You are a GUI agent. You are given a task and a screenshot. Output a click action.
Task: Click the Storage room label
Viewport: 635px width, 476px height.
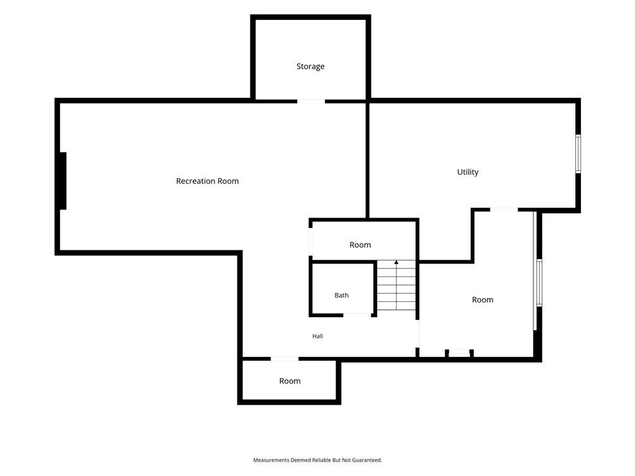pyautogui.click(x=310, y=66)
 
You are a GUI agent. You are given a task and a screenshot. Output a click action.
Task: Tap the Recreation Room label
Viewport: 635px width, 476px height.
pyautogui.click(x=207, y=181)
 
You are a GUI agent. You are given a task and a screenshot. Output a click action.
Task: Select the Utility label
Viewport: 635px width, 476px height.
pyautogui.click(x=468, y=172)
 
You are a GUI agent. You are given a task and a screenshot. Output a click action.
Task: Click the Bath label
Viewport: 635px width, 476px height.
pyautogui.click(x=342, y=296)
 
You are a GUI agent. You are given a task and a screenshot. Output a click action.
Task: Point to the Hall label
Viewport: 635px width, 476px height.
pyautogui.click(x=317, y=336)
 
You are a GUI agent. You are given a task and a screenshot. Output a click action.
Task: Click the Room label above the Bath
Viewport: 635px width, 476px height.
pyautogui.click(x=360, y=245)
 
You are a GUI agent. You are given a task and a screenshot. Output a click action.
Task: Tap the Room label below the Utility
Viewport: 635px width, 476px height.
pyautogui.click(x=482, y=300)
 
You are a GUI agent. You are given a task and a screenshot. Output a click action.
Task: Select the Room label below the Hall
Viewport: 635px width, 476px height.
pyautogui.click(x=290, y=381)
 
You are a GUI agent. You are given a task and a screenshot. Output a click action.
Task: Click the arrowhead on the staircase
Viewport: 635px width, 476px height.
pyautogui.click(x=396, y=263)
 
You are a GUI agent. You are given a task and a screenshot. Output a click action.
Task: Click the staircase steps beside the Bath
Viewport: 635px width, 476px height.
pyautogui.click(x=396, y=286)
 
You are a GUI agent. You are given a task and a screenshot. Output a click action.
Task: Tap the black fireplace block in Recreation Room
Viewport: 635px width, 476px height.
pyautogui.click(x=63, y=181)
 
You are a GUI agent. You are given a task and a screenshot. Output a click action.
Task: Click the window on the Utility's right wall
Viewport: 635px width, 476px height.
pyautogui.click(x=579, y=154)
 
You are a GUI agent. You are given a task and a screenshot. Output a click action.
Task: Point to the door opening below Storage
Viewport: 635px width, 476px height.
pyautogui.click(x=311, y=101)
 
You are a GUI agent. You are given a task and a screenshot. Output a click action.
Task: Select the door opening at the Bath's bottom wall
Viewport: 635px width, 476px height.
pyautogui.click(x=357, y=315)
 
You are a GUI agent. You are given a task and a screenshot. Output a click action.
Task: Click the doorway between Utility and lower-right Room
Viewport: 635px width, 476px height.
pyautogui.click(x=504, y=209)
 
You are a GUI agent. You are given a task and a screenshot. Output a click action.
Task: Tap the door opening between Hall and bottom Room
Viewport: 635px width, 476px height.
pyautogui.click(x=284, y=359)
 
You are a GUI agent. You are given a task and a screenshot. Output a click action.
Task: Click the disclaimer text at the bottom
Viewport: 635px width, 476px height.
pyautogui.click(x=317, y=461)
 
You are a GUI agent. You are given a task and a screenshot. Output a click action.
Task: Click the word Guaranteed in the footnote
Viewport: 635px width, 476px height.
pyautogui.click(x=367, y=461)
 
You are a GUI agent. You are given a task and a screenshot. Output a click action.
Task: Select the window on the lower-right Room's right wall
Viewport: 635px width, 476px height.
pyautogui.click(x=540, y=283)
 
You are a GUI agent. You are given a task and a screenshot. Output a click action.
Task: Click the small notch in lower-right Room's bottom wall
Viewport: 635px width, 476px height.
pyautogui.click(x=460, y=353)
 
